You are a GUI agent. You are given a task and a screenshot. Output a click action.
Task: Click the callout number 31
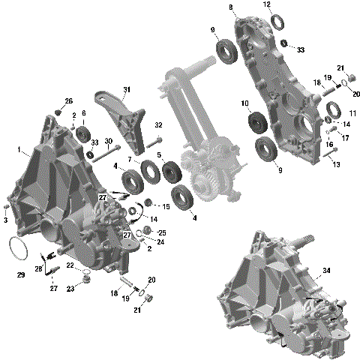coord(126,89)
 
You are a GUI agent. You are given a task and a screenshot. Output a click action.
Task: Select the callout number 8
coord(231,8)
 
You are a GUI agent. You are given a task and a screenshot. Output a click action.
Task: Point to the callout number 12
coord(266,4)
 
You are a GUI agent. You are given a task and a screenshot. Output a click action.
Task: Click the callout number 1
coord(18,149)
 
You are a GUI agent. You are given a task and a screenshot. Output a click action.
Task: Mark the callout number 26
coord(68,101)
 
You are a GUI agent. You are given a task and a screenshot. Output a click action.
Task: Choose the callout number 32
coord(158,124)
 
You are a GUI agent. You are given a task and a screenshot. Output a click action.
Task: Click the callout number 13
coord(335,164)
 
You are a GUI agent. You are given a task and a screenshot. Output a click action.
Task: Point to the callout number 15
coord(166,206)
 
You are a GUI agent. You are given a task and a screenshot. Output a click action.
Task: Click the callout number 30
coord(109,142)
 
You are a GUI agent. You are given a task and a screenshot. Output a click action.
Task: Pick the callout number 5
coord(160,155)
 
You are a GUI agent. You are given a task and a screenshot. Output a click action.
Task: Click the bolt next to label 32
coord(157,141)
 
